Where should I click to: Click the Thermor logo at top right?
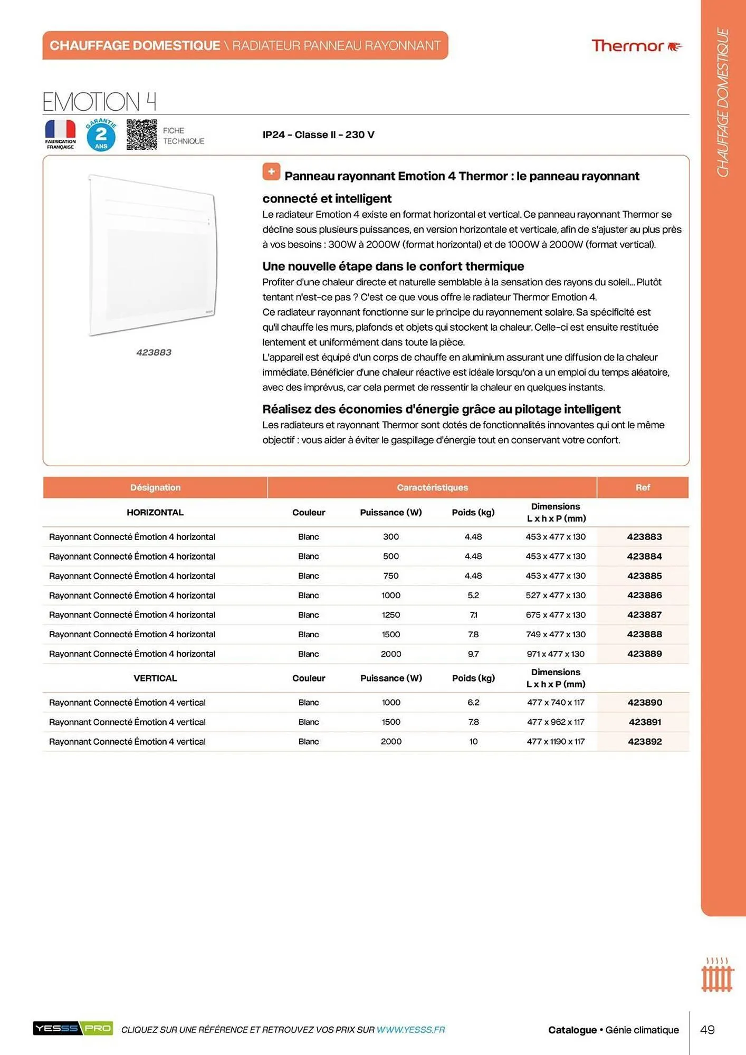(636, 46)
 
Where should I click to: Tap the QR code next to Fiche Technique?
(141, 135)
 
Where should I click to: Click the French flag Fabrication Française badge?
(60, 134)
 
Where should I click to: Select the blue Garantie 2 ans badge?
(101, 135)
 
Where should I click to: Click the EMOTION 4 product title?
(99, 101)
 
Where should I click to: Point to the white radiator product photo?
(152, 255)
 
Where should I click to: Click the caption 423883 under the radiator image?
(154, 352)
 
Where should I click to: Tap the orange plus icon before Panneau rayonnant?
(271, 171)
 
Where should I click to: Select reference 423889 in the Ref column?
(644, 654)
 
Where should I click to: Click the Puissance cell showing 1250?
(390, 615)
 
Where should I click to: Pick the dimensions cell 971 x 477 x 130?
(555, 654)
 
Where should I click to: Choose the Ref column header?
(642, 487)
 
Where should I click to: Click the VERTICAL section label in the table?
(155, 678)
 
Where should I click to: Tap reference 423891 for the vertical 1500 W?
(644, 722)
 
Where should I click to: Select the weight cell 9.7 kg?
(473, 654)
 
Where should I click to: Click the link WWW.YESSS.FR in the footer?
(410, 1030)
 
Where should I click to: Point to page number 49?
(707, 1030)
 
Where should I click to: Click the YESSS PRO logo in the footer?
(73, 1028)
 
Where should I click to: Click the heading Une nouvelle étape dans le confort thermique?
(393, 266)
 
